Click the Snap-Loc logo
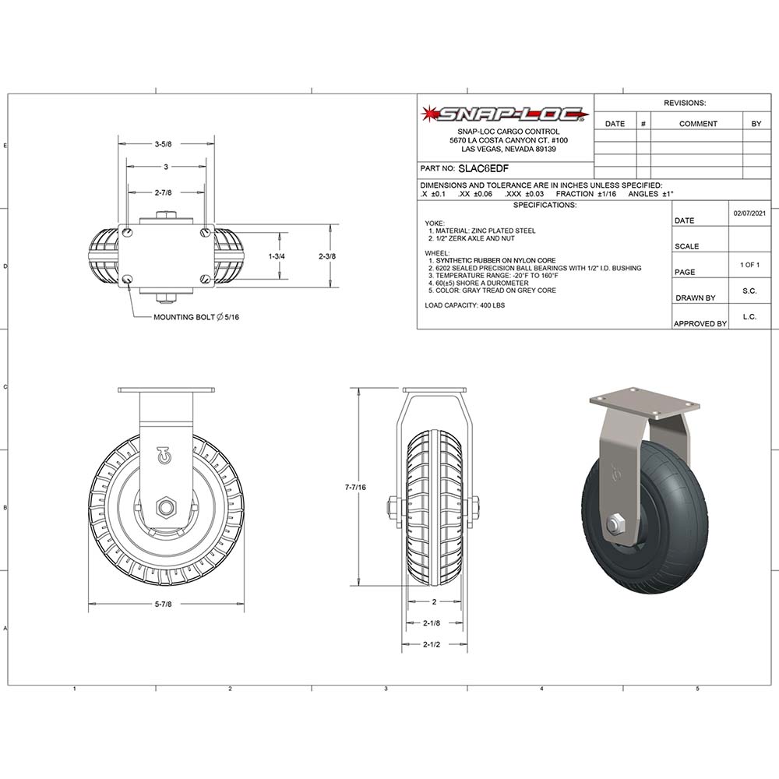click(x=505, y=115)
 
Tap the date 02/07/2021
click(x=749, y=213)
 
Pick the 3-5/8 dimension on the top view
click(x=163, y=144)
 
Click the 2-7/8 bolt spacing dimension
click(x=163, y=192)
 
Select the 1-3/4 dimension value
click(x=277, y=256)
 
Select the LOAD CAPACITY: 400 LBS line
click(x=464, y=305)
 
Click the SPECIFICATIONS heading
click(x=545, y=205)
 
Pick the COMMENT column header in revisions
click(x=697, y=124)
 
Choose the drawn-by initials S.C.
click(x=749, y=291)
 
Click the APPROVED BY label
click(x=700, y=323)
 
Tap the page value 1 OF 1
click(x=749, y=265)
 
